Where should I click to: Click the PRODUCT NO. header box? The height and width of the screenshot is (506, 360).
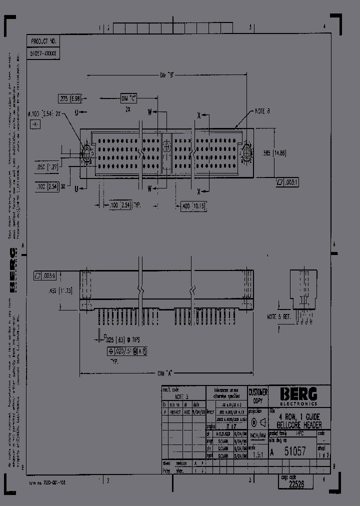(x=44, y=41)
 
